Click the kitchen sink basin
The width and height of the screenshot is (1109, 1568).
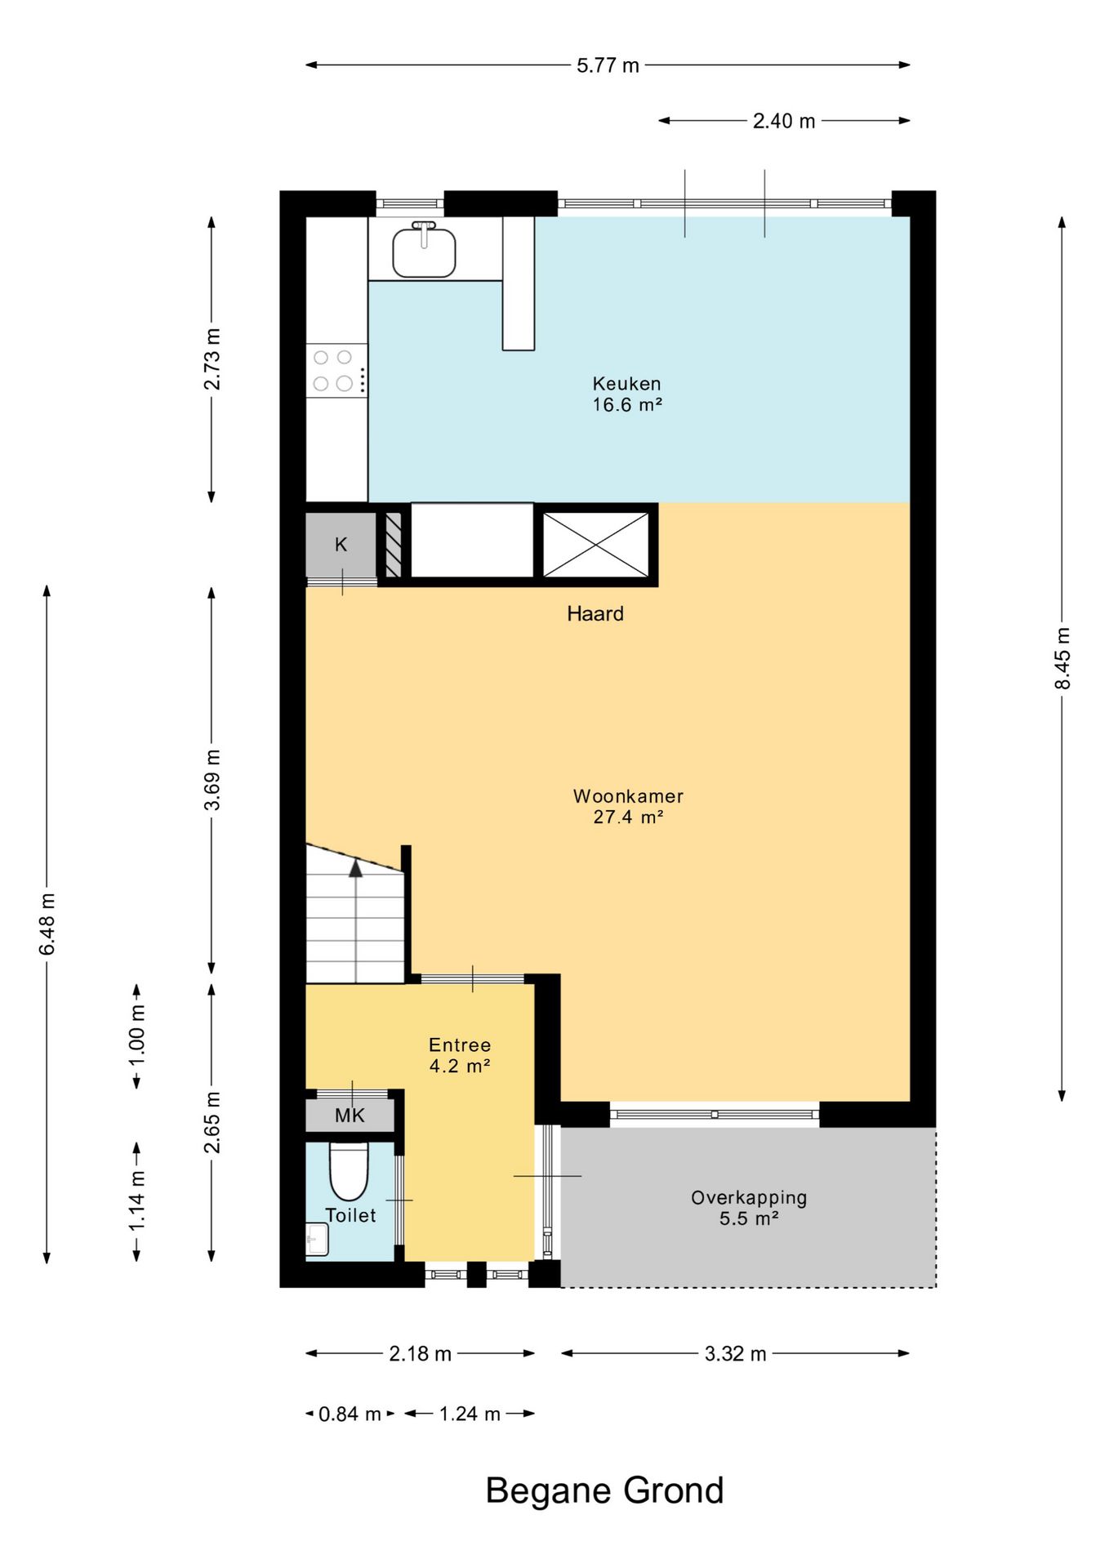tap(424, 252)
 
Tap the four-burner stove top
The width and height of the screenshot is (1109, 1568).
tap(336, 371)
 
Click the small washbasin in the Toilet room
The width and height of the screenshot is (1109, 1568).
tap(317, 1239)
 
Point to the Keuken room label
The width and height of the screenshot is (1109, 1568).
tap(627, 394)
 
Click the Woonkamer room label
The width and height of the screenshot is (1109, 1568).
tap(628, 806)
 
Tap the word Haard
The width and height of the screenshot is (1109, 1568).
tap(595, 613)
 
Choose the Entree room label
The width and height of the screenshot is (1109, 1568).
tap(460, 1055)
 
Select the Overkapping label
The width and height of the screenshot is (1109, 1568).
tap(749, 1208)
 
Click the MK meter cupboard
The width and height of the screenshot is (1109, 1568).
tap(350, 1116)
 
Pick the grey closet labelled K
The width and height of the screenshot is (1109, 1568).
tap(341, 545)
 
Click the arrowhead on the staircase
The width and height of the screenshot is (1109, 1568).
tap(355, 868)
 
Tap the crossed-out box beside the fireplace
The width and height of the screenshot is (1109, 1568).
tap(595, 545)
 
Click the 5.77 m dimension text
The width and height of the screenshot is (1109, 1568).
tap(608, 65)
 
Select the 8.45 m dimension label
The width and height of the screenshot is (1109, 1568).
tap(1062, 658)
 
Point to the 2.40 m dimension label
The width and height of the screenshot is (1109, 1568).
tap(784, 121)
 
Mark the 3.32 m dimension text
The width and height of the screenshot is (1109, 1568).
tap(735, 1354)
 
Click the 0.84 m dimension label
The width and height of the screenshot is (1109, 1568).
tap(350, 1414)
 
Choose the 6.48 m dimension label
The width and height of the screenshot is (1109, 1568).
tap(47, 924)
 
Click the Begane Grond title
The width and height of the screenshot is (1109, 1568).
tap(604, 1490)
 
